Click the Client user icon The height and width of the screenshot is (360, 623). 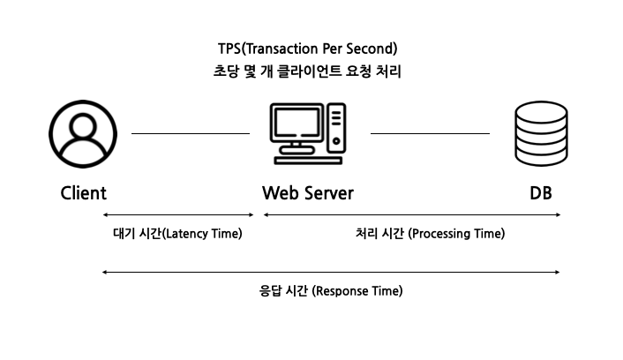[x=83, y=134]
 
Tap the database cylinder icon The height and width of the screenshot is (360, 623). [x=540, y=134]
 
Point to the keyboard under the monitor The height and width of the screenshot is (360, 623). [x=307, y=161]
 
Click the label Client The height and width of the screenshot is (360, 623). [x=83, y=193]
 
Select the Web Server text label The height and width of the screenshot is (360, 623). [x=307, y=193]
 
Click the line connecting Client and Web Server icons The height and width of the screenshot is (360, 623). [x=191, y=133]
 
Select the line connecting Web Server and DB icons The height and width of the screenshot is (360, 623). [x=430, y=133]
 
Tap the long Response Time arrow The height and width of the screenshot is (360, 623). [x=331, y=273]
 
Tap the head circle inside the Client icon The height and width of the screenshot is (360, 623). [x=83, y=124]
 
